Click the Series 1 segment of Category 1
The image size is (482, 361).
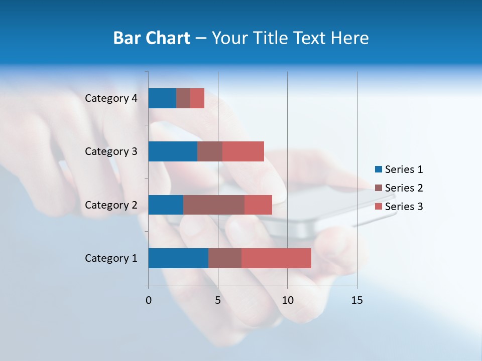tap(178, 258)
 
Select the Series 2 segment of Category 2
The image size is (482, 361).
tap(214, 205)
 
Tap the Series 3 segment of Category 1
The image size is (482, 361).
tap(276, 258)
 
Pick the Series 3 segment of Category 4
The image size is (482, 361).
tap(197, 98)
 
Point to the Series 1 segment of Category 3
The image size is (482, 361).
tap(173, 151)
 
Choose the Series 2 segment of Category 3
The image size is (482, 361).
tap(210, 151)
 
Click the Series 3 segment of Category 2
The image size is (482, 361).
tap(258, 205)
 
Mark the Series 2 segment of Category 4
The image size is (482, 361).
tap(183, 98)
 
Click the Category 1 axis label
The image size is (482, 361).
tap(111, 258)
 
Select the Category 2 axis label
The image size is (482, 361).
tap(111, 205)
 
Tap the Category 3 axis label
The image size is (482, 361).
tap(111, 151)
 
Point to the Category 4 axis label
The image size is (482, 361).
tap(111, 98)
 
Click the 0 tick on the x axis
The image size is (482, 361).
tap(149, 300)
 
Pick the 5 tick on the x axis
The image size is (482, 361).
tap(218, 300)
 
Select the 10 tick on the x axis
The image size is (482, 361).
tap(287, 300)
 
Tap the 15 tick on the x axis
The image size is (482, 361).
tap(356, 300)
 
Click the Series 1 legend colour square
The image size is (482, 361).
tap(378, 169)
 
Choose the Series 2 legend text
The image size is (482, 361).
tap(404, 188)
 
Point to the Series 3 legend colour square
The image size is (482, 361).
tap(378, 207)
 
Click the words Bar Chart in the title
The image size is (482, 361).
tap(152, 38)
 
